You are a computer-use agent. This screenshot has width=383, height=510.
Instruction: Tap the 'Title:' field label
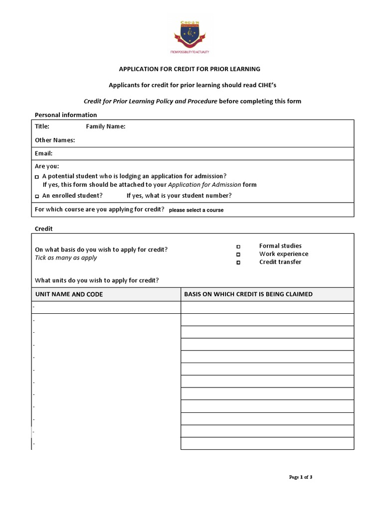[42, 127]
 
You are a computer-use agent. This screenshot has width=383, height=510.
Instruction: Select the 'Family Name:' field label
[106, 127]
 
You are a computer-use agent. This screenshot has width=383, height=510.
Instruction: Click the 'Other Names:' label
[55, 140]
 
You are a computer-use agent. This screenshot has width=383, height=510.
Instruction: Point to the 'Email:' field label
[43, 153]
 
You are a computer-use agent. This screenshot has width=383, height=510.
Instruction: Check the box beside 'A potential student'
[37, 177]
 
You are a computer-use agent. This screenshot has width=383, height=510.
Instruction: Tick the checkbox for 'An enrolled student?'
[37, 196]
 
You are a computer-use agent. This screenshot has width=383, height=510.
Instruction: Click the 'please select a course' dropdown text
[196, 210]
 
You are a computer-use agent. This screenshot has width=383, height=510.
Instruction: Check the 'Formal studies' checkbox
[238, 247]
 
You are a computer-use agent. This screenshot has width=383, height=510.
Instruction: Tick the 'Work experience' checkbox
[238, 255]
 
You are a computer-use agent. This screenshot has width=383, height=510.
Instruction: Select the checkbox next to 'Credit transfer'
[238, 262]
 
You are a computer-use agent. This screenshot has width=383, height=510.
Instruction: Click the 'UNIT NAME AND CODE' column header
[69, 294]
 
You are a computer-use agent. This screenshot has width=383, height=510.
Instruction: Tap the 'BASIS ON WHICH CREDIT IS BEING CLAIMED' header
[248, 294]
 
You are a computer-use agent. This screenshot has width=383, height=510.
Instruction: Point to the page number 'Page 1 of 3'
[301, 477]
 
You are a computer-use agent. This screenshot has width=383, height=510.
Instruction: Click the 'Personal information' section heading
[65, 115]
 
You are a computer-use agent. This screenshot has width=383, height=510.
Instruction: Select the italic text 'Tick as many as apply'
[66, 257]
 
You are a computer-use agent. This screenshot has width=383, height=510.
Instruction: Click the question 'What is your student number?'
[179, 195]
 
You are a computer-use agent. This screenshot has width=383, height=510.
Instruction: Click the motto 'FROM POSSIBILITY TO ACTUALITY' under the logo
[192, 51]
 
